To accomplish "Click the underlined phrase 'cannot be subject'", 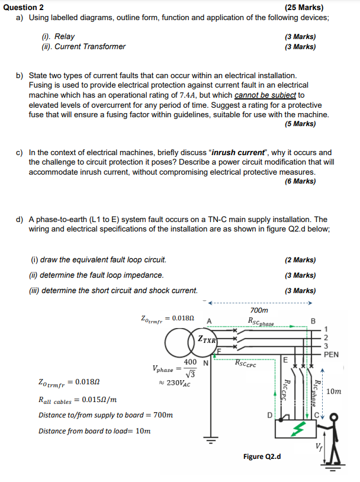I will click(x=265, y=95).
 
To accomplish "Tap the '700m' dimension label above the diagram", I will click(x=259, y=310).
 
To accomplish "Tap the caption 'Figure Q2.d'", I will click(x=262, y=457).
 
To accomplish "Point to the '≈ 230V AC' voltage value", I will click(x=172, y=383).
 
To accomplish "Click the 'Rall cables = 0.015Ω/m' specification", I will click(x=77, y=400).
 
